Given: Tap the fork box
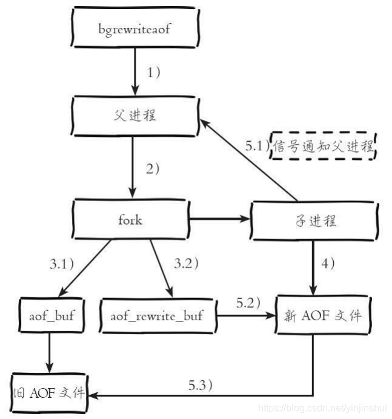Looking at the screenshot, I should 131,220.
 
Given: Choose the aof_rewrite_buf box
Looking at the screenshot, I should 156,315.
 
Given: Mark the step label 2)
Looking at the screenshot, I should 153,169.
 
